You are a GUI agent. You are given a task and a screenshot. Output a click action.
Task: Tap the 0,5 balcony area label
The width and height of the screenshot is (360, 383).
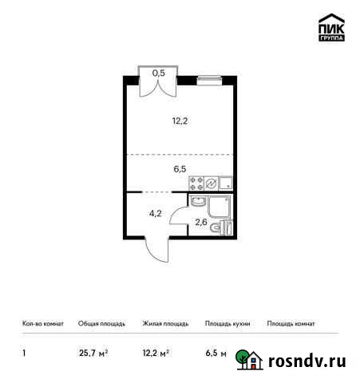click(158, 73)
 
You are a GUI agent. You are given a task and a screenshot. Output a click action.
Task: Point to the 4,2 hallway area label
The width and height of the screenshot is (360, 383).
click(156, 214)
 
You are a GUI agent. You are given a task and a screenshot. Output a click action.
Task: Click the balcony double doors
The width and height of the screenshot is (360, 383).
click(158, 86)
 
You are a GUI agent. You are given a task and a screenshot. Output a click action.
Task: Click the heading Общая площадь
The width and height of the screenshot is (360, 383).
click(101, 324)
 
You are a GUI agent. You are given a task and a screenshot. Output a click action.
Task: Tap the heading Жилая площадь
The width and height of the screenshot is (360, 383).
click(165, 324)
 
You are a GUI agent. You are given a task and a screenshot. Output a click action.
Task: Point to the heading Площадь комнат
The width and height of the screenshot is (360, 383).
click(291, 324)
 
